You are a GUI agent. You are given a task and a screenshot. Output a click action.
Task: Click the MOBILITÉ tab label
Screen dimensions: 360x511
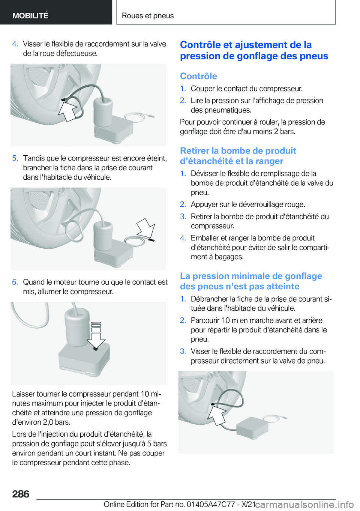[x=30, y=15]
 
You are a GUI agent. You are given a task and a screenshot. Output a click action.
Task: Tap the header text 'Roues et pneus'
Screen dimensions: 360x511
[x=148, y=15]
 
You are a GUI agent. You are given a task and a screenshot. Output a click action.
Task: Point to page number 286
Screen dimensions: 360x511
[x=21, y=494]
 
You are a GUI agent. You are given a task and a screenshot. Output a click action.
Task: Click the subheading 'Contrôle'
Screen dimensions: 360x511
[x=198, y=76]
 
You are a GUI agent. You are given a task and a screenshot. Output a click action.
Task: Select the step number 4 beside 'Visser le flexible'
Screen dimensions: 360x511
[x=15, y=44]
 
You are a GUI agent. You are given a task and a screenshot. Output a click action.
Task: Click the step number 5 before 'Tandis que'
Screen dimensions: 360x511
[x=15, y=158]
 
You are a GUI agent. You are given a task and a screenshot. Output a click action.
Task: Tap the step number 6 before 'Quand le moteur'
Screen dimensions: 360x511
[x=15, y=282]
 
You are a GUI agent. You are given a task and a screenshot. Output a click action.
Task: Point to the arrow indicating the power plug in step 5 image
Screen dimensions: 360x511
[x=145, y=228]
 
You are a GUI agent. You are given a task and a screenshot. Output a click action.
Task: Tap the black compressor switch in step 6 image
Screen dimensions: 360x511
[x=96, y=349]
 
